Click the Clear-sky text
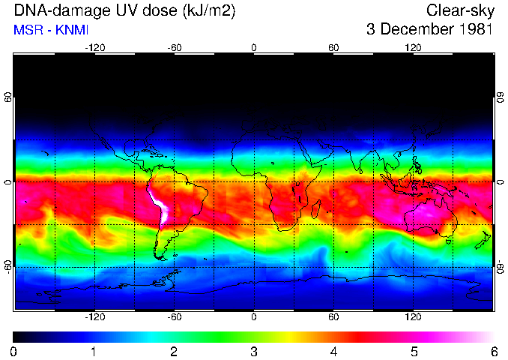pyautogui.click(x=459, y=10)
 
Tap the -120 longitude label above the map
pyautogui.click(x=94, y=47)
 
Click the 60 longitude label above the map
pyautogui.click(x=333, y=47)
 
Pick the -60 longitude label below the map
pyautogui.click(x=174, y=317)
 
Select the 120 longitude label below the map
pyautogui.click(x=413, y=317)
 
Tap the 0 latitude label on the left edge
pyautogui.click(x=9, y=181)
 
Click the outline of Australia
pyautogui.click(x=430, y=217)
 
